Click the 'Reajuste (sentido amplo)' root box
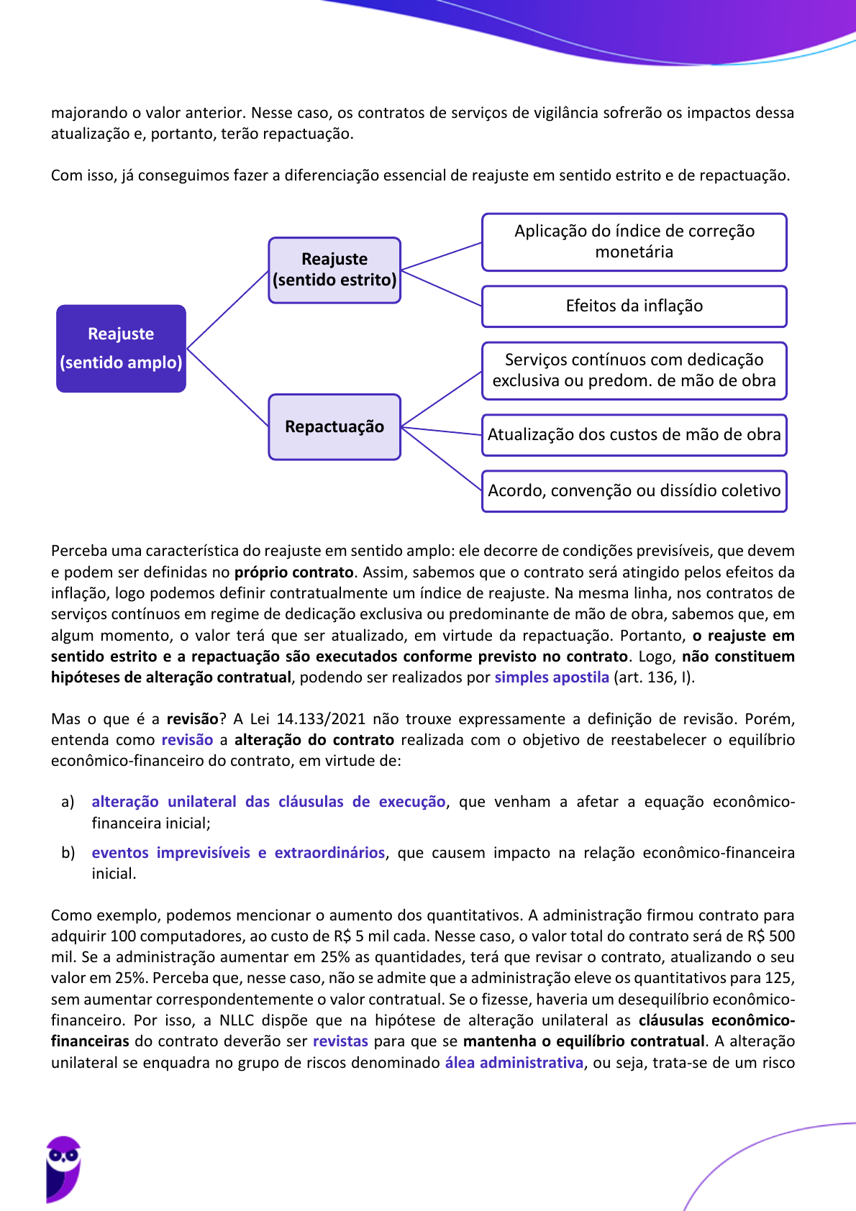pyautogui.click(x=121, y=349)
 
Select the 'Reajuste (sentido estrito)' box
pyautogui.click(x=334, y=270)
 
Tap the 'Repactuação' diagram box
pyautogui.click(x=334, y=426)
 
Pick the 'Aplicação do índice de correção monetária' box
pyautogui.click(x=634, y=242)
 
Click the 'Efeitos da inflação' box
pyautogui.click(x=634, y=306)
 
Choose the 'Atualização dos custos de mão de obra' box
pyautogui.click(x=634, y=434)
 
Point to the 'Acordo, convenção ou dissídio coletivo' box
pyautogui.click(x=634, y=491)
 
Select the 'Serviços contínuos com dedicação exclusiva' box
pyautogui.click(x=634, y=370)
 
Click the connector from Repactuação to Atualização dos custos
pyautogui.click(x=441, y=431)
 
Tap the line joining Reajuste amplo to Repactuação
pyautogui.click(x=227, y=388)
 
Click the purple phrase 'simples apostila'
pyautogui.click(x=552, y=677)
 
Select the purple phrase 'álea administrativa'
pyautogui.click(x=514, y=1063)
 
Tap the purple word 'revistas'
pyautogui.click(x=340, y=1041)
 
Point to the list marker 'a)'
pyautogui.click(x=68, y=802)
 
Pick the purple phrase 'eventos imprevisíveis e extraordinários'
pyautogui.click(x=238, y=853)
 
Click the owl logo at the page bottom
pyautogui.click(x=63, y=1168)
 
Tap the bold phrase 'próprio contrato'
pyautogui.click(x=293, y=572)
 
